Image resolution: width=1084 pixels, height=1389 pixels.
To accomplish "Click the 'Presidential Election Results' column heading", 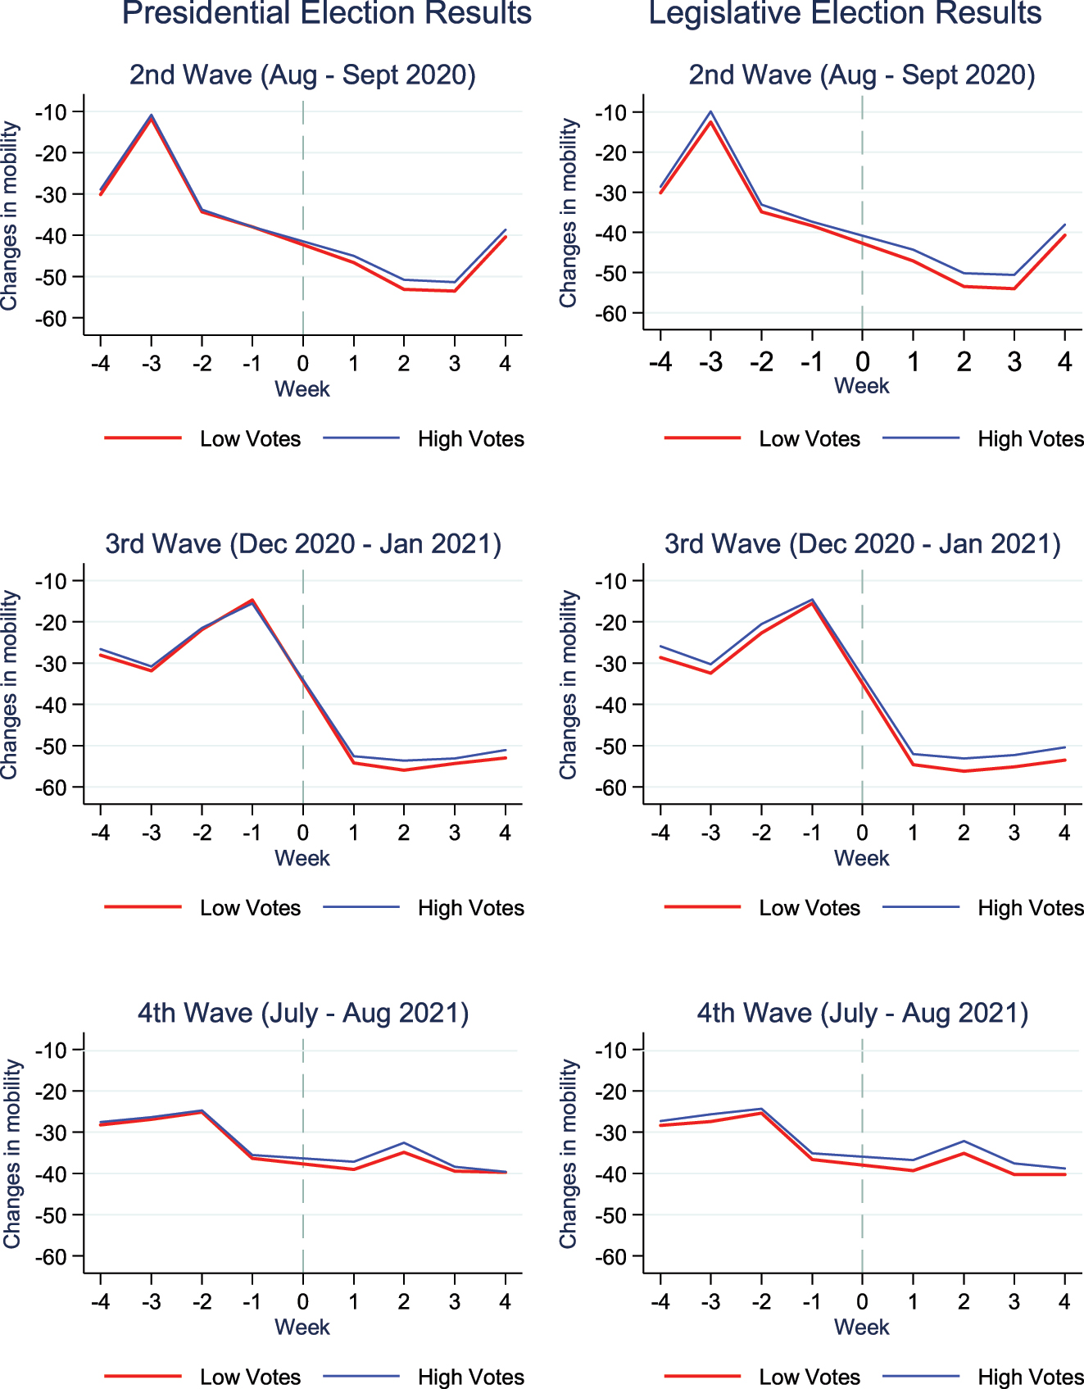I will (326, 13).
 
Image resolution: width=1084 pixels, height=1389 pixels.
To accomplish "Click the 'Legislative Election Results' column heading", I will (845, 13).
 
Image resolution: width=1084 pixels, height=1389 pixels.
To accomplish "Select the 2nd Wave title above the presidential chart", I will (302, 75).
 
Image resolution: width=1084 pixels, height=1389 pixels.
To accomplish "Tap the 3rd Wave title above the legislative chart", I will (862, 544).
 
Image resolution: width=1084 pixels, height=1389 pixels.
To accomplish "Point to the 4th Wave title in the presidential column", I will (302, 1013).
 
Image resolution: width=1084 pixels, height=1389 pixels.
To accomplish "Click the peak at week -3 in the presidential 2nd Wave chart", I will (152, 116).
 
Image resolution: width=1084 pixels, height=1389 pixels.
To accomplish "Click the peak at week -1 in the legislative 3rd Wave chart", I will (812, 601).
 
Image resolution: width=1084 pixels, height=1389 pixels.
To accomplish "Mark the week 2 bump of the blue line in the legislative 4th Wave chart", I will (964, 1142).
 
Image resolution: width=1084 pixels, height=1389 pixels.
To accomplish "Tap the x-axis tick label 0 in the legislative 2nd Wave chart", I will (862, 362).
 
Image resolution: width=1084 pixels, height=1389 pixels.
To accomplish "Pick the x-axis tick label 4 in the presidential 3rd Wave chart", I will (505, 833).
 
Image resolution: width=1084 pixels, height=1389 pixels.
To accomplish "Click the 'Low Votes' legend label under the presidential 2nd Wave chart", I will (250, 439).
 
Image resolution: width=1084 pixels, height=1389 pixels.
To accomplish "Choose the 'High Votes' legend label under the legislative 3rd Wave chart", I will (1030, 908).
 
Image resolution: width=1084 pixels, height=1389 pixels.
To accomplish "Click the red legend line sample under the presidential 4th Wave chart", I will (143, 1377).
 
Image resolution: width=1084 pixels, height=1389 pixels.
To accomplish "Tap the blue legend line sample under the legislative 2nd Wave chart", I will (921, 438).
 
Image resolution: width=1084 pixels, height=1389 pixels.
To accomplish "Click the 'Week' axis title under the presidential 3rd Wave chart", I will (302, 858).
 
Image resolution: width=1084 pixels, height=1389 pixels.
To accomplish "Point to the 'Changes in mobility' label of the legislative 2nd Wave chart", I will (568, 213).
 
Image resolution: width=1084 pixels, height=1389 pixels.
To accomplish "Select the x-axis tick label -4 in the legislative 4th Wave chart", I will (660, 1301).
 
